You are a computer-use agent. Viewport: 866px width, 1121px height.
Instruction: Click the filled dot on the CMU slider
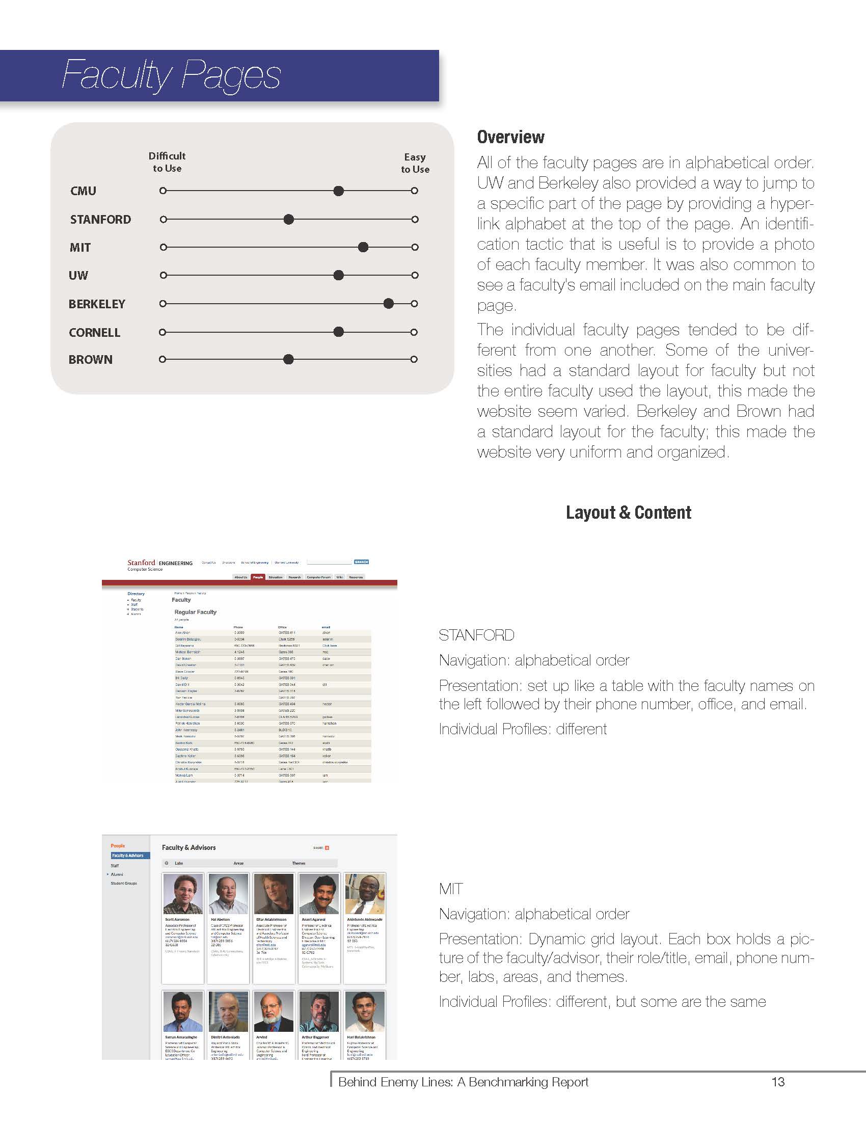point(338,191)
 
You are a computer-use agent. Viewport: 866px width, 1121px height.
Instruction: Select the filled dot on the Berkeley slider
point(388,303)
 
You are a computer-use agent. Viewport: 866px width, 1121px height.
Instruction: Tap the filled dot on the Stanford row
point(289,220)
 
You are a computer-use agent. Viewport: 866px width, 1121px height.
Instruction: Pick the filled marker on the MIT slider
point(363,248)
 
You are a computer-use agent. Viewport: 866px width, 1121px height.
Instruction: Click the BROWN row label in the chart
point(90,360)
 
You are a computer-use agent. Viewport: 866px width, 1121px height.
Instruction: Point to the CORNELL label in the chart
point(94,333)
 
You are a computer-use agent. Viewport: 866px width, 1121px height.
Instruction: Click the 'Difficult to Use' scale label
point(167,162)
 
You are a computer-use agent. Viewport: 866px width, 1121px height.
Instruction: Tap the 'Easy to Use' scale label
point(415,163)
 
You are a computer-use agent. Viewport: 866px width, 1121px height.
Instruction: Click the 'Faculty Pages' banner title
point(171,75)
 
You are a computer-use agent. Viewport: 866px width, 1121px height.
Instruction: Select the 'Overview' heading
point(510,137)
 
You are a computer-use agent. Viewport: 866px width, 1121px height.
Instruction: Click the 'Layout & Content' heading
point(628,512)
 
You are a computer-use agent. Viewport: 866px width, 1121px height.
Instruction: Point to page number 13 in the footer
point(778,1082)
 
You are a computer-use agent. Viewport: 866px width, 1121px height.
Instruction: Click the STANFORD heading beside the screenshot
point(476,635)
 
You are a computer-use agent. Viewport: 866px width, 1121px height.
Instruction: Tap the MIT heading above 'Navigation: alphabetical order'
point(451,889)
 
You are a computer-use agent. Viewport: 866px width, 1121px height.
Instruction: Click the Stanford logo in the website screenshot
point(141,563)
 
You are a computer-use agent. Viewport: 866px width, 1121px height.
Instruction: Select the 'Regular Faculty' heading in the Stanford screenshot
point(196,612)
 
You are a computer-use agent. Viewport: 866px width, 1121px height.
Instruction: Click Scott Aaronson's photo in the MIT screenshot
point(183,894)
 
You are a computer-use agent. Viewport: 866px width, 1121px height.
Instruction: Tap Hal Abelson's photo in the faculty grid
point(228,894)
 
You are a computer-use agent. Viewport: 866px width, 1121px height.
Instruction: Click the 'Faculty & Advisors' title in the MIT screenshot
point(189,847)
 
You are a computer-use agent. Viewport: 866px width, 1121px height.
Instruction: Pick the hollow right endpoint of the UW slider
point(415,275)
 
